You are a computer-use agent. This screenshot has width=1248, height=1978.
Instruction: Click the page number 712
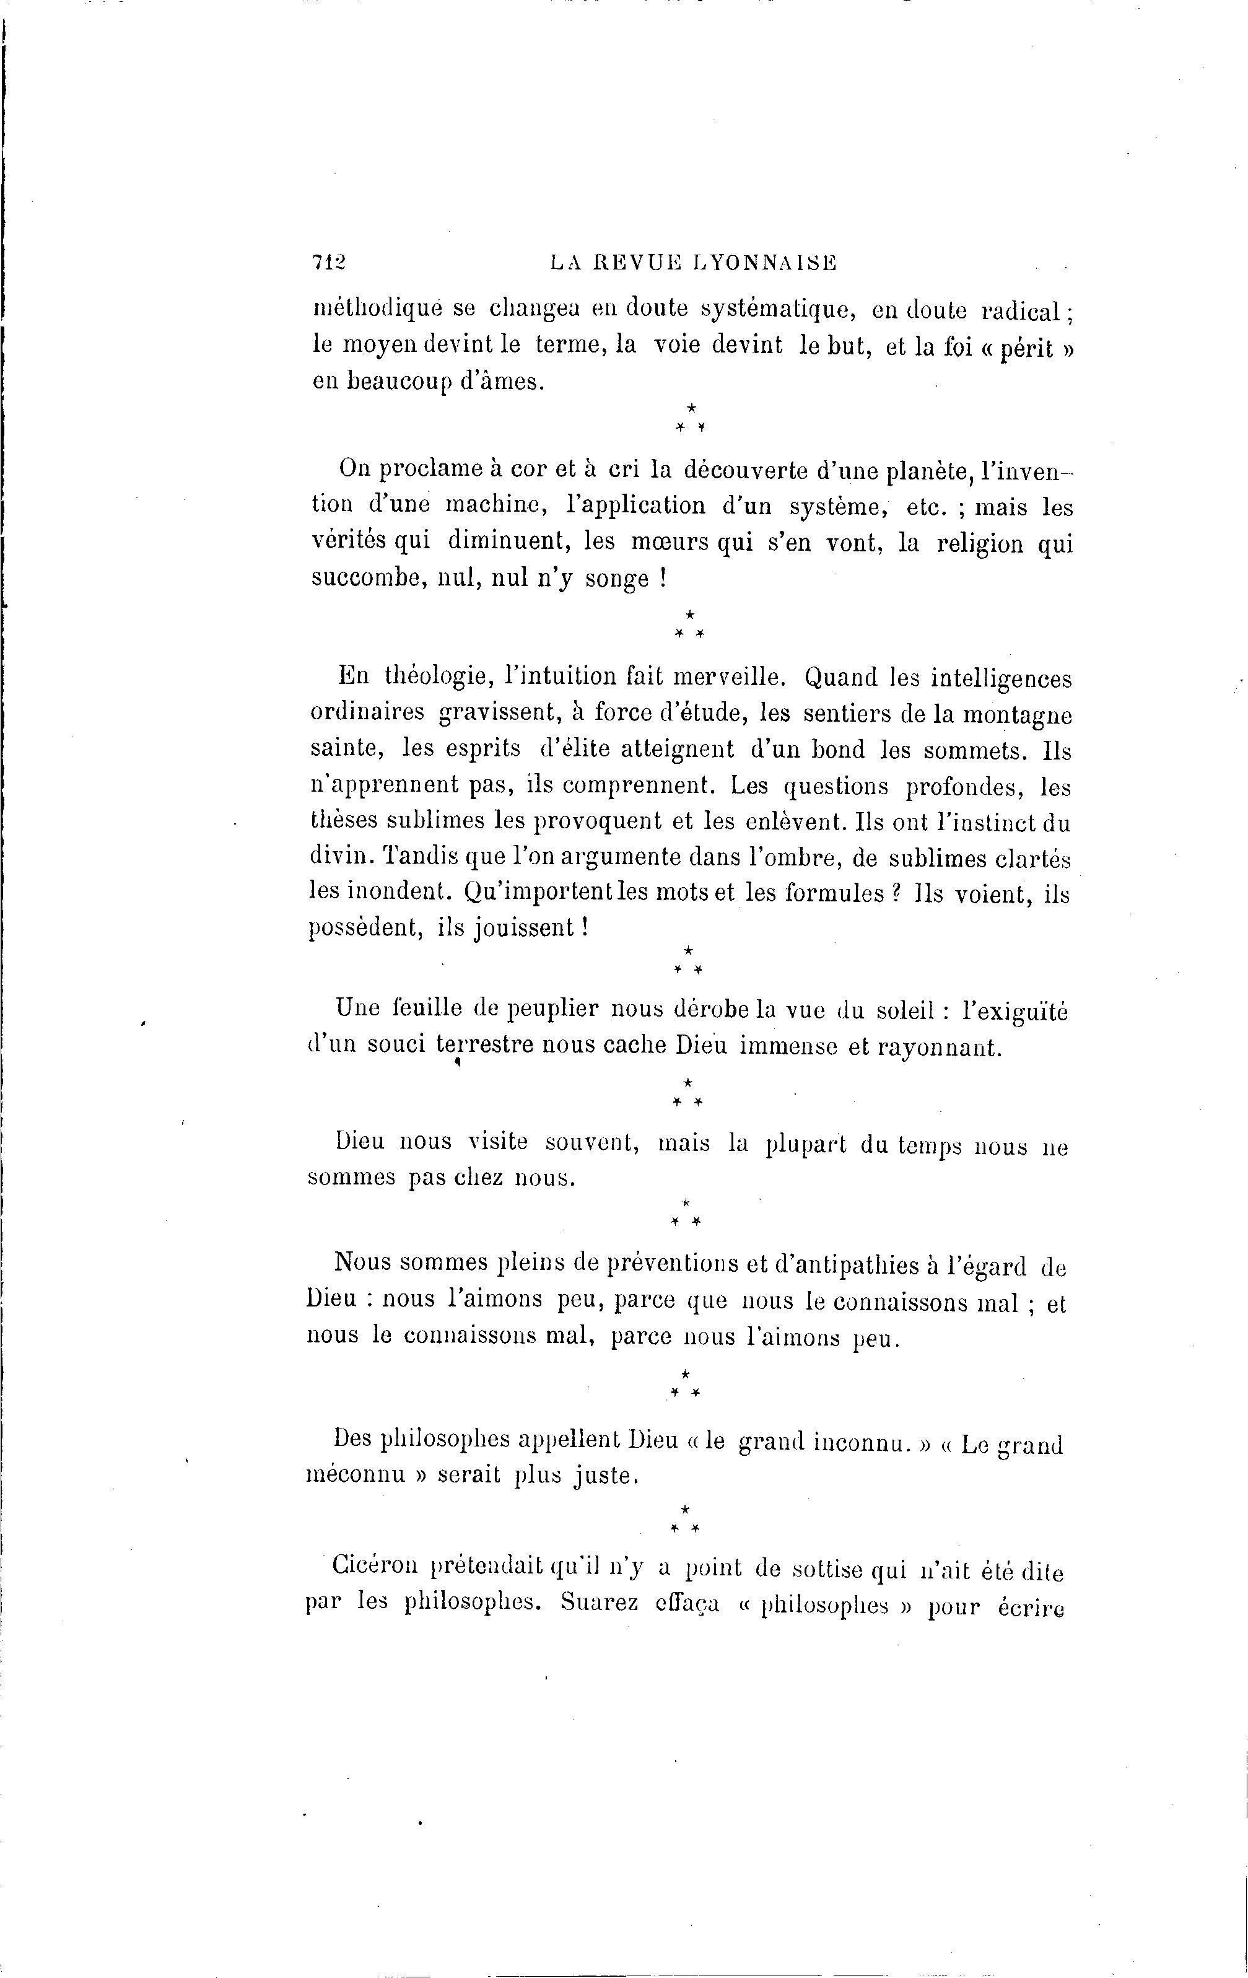coord(329,262)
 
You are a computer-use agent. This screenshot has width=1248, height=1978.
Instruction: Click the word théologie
coord(434,677)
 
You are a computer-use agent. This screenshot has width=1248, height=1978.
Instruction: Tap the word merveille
coord(730,677)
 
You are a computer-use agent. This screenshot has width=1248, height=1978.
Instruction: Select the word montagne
coord(1017,715)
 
